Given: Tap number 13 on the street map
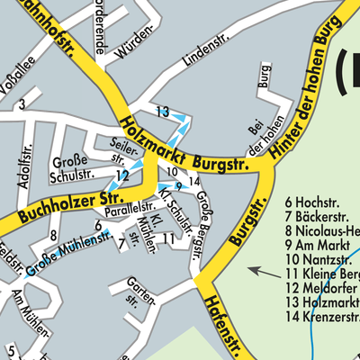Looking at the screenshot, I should click(162, 112).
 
